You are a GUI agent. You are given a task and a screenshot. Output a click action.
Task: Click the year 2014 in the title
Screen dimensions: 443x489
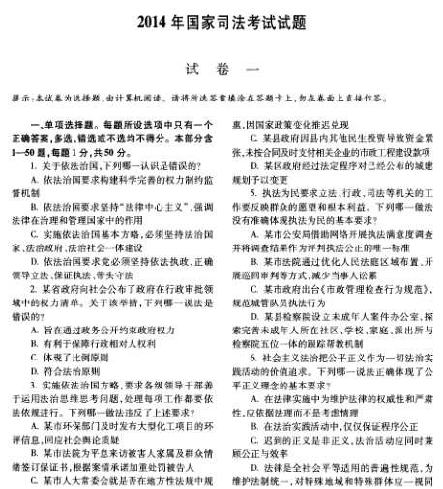[152, 21]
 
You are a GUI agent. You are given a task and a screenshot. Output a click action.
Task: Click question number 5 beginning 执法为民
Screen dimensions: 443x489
[239, 193]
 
